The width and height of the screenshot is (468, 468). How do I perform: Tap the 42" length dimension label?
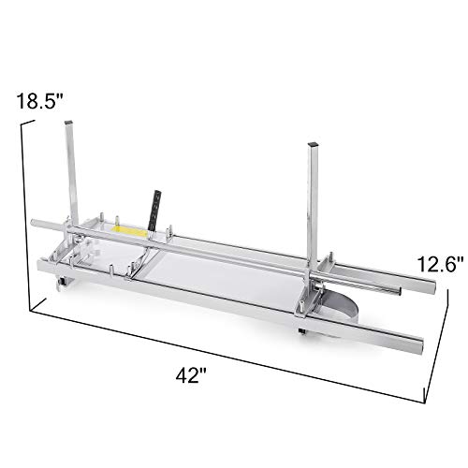(191, 375)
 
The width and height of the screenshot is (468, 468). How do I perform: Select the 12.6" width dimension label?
(438, 265)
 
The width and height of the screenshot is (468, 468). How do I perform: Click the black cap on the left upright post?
(67, 123)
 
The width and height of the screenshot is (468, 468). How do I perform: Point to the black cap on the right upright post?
(313, 145)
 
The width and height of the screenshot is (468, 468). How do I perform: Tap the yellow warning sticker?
(129, 232)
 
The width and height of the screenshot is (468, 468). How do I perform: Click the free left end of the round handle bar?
(33, 223)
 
